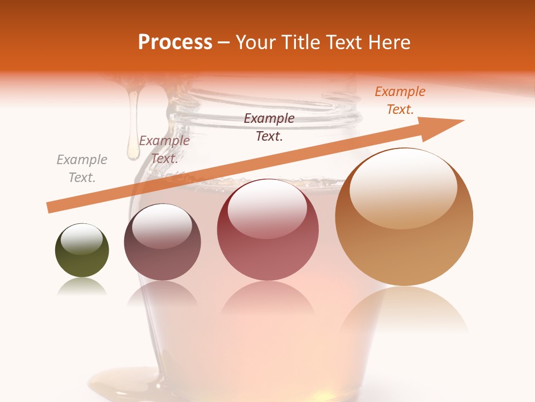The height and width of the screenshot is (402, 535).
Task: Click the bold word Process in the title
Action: coord(175,42)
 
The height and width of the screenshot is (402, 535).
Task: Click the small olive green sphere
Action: coord(82,251)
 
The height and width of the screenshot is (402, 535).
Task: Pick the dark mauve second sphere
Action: coord(162,242)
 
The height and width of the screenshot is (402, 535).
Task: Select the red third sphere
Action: coord(268,230)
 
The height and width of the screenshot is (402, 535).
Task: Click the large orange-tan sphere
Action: coord(404,217)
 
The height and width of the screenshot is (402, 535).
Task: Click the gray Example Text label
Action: coord(82,169)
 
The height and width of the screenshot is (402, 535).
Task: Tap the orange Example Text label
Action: coord(400,100)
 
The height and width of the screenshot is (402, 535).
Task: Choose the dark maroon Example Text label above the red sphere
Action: coord(269,127)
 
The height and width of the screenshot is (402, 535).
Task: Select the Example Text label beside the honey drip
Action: coord(164,150)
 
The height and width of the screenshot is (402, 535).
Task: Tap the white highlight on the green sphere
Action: coord(82,239)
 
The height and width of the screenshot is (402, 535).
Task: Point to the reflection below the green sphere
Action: coord(82,286)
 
